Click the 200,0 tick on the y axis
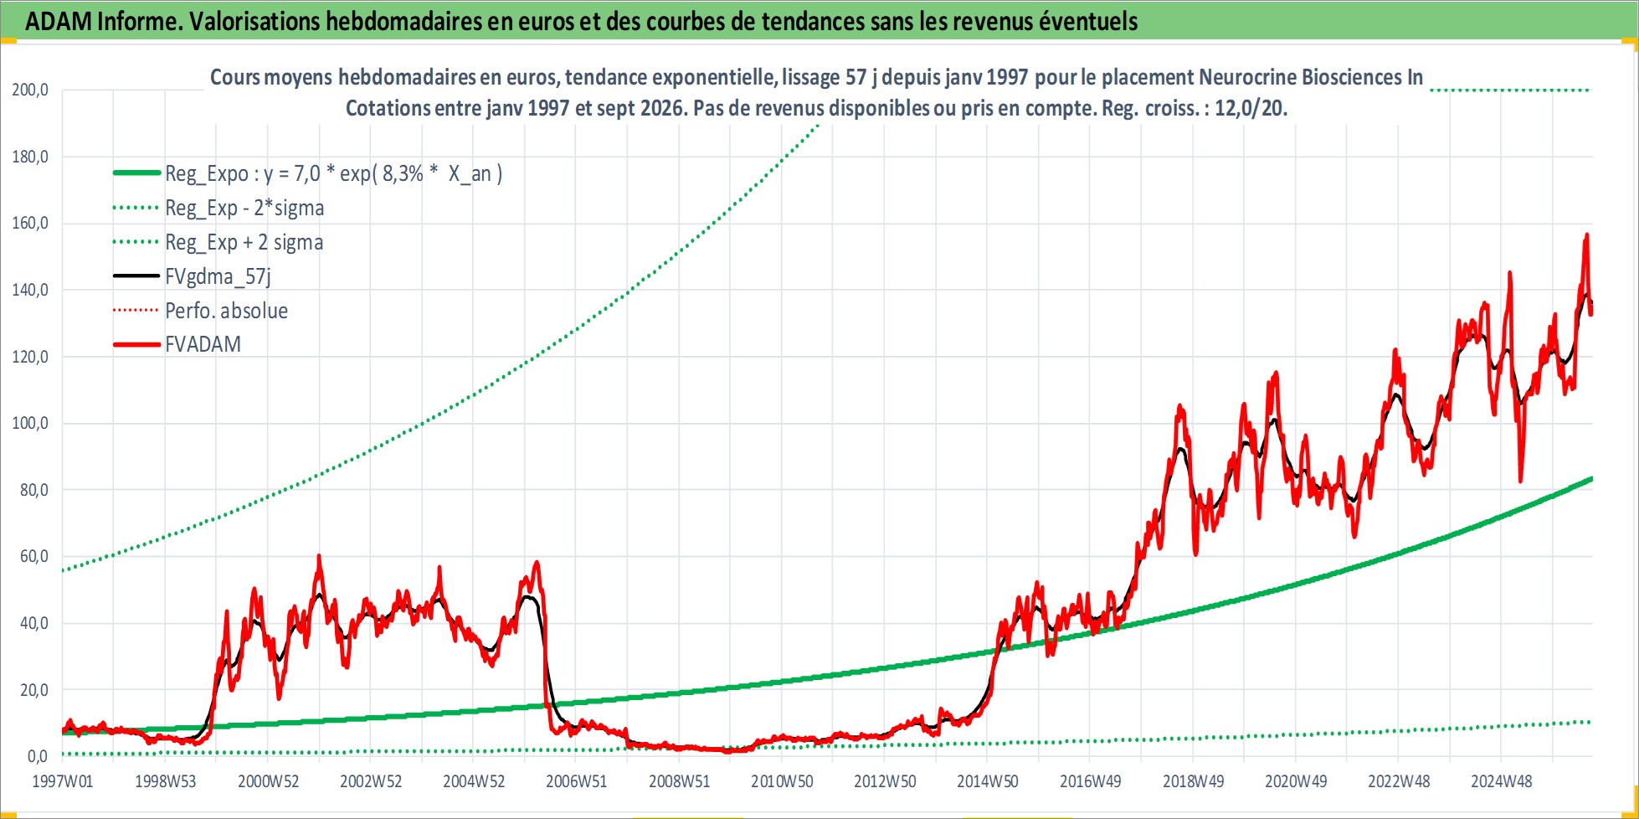[x=30, y=90]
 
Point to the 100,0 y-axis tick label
[x=30, y=423]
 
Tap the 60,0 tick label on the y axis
[x=34, y=556]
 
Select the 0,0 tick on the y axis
[x=38, y=756]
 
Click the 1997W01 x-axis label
[x=63, y=781]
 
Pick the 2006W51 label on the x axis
[x=577, y=781]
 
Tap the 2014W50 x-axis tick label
[x=988, y=781]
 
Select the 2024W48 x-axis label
[x=1502, y=781]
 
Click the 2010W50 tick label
[x=782, y=781]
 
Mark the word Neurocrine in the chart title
[x=1247, y=77]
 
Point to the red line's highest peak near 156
[x=1586, y=235]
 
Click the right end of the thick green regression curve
[x=1591, y=479]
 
